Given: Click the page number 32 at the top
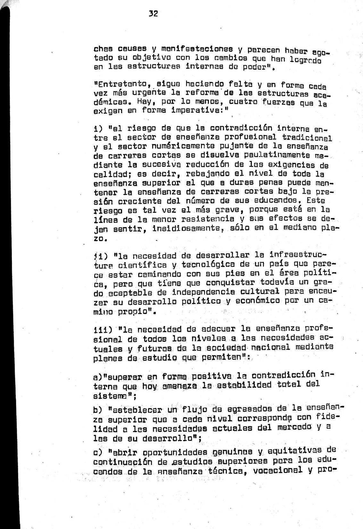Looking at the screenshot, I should pyautogui.click(x=154, y=14).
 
